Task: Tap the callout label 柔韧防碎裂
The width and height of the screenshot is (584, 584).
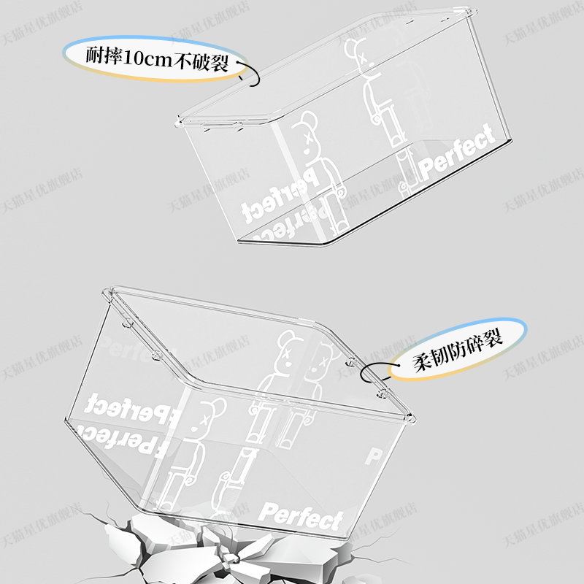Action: click(457, 358)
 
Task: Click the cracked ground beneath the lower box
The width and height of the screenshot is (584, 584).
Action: click(219, 547)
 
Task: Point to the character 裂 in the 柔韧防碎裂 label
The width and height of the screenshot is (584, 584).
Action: click(494, 345)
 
